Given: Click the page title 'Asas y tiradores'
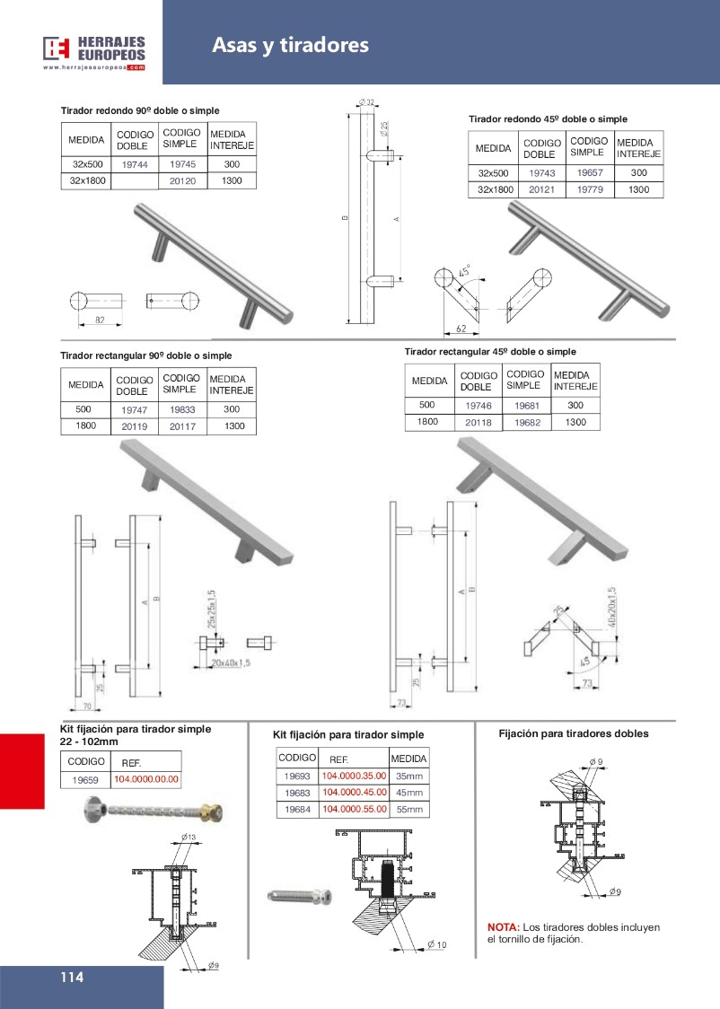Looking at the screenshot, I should click(x=290, y=45).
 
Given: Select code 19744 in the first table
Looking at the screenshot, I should click(x=135, y=165).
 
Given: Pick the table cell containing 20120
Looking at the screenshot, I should click(x=182, y=181).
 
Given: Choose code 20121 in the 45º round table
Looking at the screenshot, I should click(x=541, y=190).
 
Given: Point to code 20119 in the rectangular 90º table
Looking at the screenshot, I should click(x=135, y=427).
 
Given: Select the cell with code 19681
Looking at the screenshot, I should click(x=526, y=406).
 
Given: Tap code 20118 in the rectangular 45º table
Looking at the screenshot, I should click(x=479, y=423).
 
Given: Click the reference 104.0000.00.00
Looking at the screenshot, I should click(x=146, y=779).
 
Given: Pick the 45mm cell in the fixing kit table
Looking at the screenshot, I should click(x=408, y=793).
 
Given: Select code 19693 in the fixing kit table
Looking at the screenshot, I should click(x=296, y=776).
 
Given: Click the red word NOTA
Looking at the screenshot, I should click(x=503, y=927).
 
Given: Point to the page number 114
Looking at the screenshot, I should click(x=72, y=978).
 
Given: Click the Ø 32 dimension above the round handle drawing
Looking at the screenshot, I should click(x=365, y=101).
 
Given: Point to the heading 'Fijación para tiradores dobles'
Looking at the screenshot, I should click(x=573, y=733).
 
